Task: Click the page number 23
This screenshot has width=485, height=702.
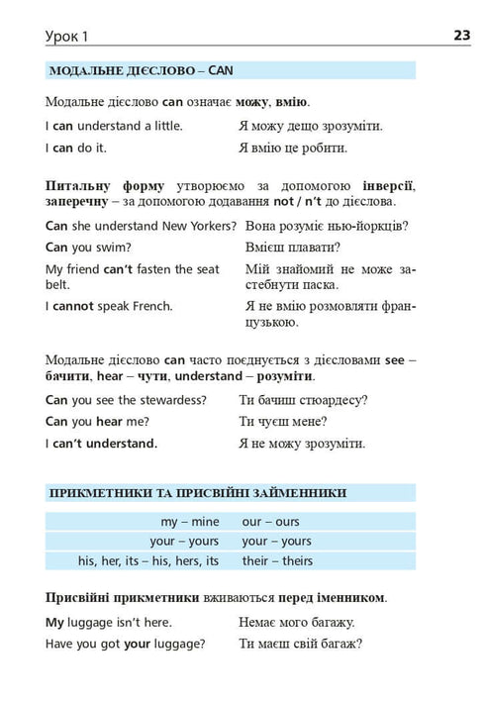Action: [462, 37]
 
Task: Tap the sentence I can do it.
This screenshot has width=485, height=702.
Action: [76, 148]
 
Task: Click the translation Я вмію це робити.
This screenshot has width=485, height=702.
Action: [293, 148]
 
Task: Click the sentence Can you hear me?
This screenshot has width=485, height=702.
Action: [94, 422]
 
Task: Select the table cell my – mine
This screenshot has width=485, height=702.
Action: [190, 521]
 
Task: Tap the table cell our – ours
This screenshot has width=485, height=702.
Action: [270, 521]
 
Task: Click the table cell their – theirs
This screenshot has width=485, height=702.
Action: [276, 560]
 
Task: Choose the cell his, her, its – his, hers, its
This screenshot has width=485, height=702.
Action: [148, 560]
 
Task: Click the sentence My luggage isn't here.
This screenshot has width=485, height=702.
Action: [109, 623]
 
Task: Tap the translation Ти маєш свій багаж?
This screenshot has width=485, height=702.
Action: [301, 643]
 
